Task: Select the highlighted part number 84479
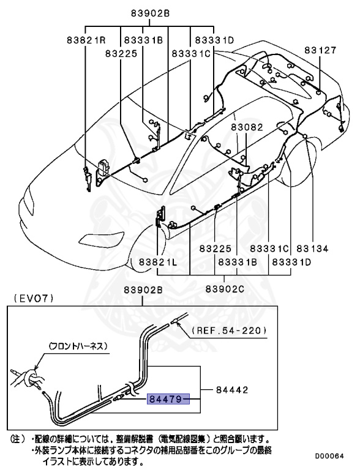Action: pyautogui.click(x=168, y=399)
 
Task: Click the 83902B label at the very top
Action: pyautogui.click(x=149, y=13)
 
